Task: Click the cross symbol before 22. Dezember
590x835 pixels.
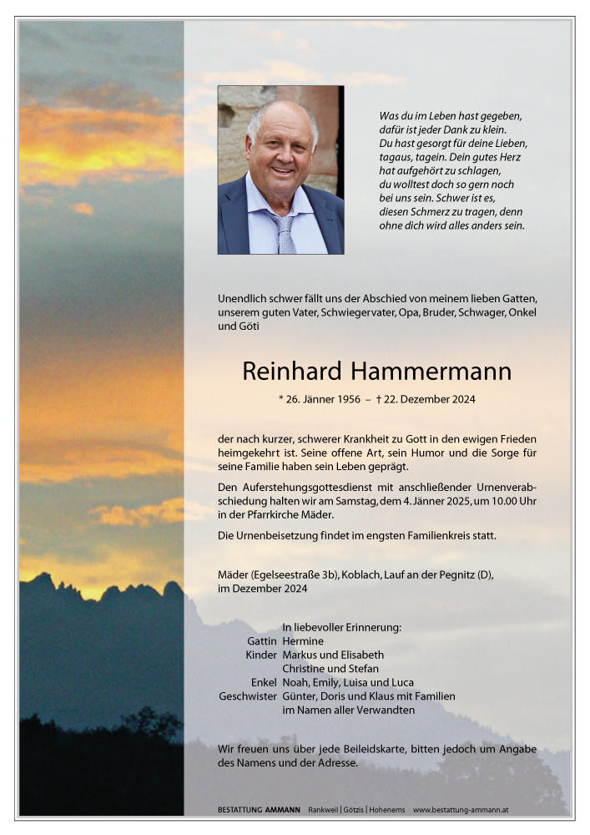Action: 379,399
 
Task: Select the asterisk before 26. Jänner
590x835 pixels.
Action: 280,399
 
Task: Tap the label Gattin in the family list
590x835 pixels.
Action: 262,641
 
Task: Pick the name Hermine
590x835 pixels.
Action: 303,641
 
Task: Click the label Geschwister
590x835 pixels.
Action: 248,696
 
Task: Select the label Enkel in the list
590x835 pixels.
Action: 264,682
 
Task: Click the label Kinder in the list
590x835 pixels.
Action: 260,655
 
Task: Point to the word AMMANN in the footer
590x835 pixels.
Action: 280,810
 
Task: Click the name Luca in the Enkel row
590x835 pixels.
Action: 401,682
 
